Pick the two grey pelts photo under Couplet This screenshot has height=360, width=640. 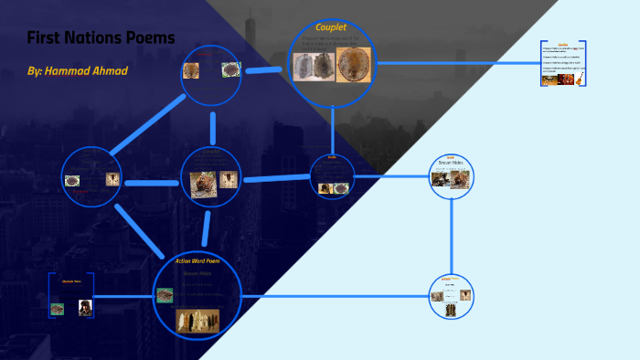[313, 65]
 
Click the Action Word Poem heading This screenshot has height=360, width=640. [197, 260]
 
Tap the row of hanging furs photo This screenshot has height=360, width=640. [197, 320]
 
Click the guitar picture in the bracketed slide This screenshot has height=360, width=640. [576, 80]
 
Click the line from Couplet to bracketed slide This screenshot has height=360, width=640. [457, 63]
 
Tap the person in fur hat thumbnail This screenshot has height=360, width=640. [84, 308]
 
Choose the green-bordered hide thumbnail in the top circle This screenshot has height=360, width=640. [230, 69]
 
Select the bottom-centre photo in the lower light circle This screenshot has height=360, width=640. [451, 309]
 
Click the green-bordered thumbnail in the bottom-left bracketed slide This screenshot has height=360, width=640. [57, 309]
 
